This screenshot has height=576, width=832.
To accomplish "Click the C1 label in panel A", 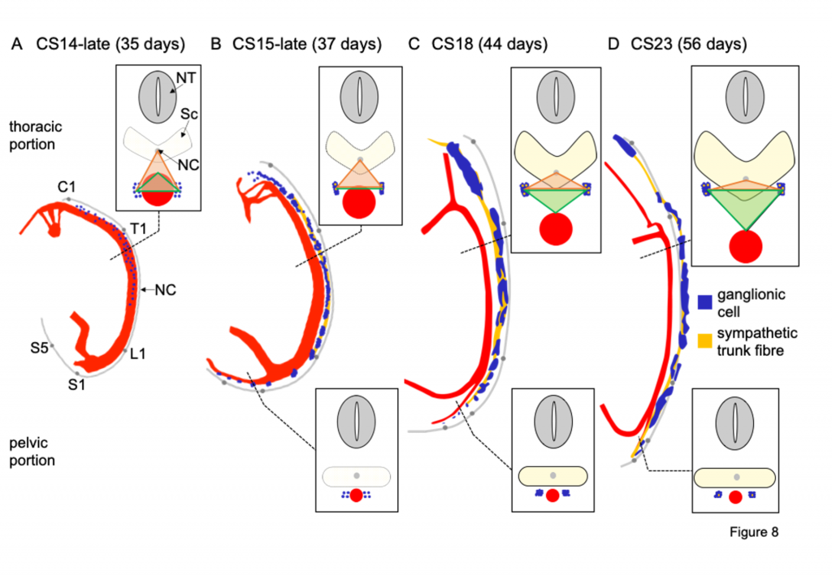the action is tap(67, 187).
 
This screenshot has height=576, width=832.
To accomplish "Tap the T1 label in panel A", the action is tap(138, 228).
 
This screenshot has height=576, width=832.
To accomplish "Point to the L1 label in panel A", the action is tap(137, 353).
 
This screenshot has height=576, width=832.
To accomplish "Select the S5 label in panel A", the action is tap(39, 348).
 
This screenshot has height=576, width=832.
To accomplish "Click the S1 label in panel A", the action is tap(76, 384).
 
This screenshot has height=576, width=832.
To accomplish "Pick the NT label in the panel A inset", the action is tap(186, 78).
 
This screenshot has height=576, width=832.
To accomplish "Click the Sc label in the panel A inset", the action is tap(188, 114).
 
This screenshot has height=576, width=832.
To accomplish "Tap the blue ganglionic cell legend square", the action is tap(704, 302).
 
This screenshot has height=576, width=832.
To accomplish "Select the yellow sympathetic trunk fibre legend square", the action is tap(704, 340).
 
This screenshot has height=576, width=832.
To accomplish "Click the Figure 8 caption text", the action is tap(754, 532).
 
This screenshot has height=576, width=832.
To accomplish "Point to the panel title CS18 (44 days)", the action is tap(489, 44).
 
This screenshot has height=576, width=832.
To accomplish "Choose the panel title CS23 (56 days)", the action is tap(689, 44).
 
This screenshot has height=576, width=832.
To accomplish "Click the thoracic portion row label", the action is tap(36, 135).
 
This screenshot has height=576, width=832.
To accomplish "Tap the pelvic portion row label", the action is tap(32, 452).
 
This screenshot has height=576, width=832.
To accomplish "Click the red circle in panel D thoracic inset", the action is tap(746, 247).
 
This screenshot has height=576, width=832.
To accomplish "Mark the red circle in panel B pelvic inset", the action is tap(356, 496).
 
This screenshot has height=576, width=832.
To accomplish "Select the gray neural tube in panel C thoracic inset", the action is tap(556, 97).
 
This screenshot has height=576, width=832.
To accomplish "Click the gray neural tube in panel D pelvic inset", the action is tap(734, 425).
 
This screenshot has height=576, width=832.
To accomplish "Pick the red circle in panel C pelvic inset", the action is tap(552, 496).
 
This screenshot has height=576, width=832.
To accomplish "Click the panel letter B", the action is tap(215, 44).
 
